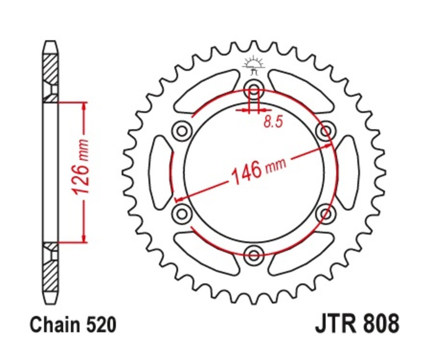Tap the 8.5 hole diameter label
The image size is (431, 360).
[273, 122]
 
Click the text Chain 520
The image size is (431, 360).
[73, 325]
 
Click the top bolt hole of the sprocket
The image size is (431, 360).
[254, 89]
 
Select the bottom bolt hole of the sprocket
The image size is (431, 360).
[254, 253]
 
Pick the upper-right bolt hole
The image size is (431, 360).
[326, 130]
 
